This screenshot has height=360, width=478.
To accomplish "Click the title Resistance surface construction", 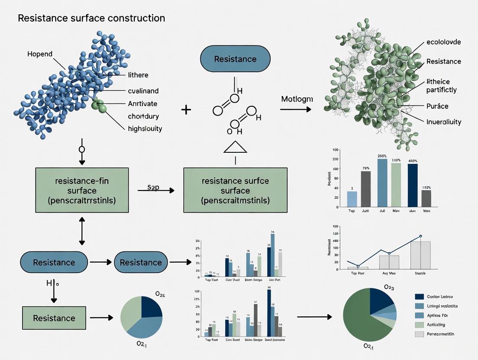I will point(91,18).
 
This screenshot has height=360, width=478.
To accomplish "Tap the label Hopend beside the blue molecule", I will point(40,54).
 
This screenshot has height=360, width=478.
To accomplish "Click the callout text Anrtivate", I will point(142,103).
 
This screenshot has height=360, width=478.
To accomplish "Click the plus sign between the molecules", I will point(186,109).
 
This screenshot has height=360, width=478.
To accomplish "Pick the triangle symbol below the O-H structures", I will point(235,148).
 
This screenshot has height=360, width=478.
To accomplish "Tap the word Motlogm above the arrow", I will point(297,99).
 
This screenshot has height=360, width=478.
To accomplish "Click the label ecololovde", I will point(443,42).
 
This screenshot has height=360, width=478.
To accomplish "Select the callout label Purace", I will point(437,106).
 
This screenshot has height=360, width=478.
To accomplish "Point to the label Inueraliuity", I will point(444,122).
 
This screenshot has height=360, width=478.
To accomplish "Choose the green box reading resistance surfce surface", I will point(235,190).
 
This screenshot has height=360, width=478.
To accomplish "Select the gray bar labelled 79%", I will point(365,189).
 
